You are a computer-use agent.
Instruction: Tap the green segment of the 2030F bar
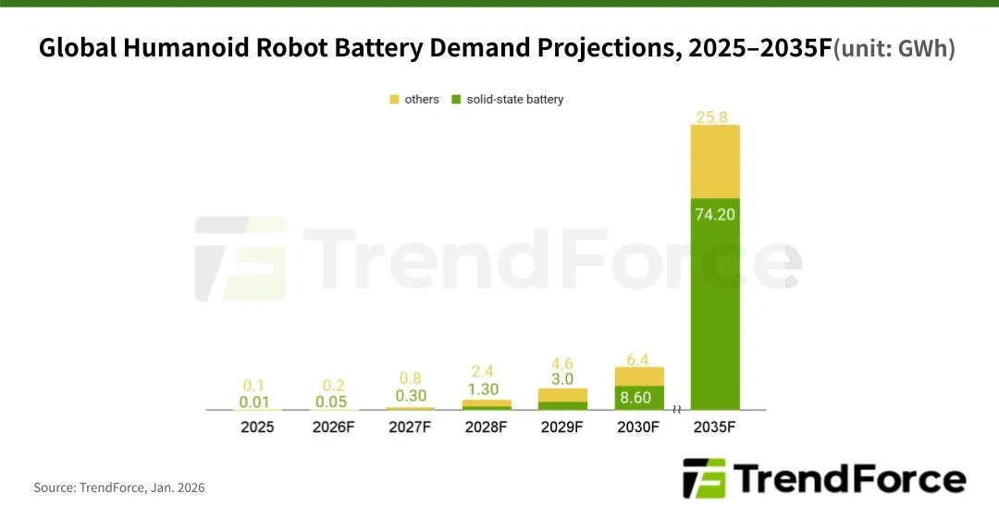point(639,398)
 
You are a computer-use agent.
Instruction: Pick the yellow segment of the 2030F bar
point(639,376)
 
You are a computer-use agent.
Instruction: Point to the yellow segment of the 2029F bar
point(562,395)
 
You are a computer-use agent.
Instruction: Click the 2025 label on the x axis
point(256,428)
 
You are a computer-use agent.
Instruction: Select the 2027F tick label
point(410,428)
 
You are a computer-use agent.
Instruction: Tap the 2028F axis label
point(486,428)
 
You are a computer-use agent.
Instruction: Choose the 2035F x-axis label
point(715,428)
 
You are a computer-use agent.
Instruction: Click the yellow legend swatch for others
point(394,99)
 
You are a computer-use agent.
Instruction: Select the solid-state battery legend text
point(514,99)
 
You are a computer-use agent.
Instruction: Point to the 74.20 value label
point(715,213)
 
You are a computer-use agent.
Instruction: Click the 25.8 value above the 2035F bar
point(715,117)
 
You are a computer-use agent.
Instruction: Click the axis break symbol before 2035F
point(677,409)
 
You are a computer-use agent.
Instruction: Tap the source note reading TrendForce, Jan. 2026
point(119,487)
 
